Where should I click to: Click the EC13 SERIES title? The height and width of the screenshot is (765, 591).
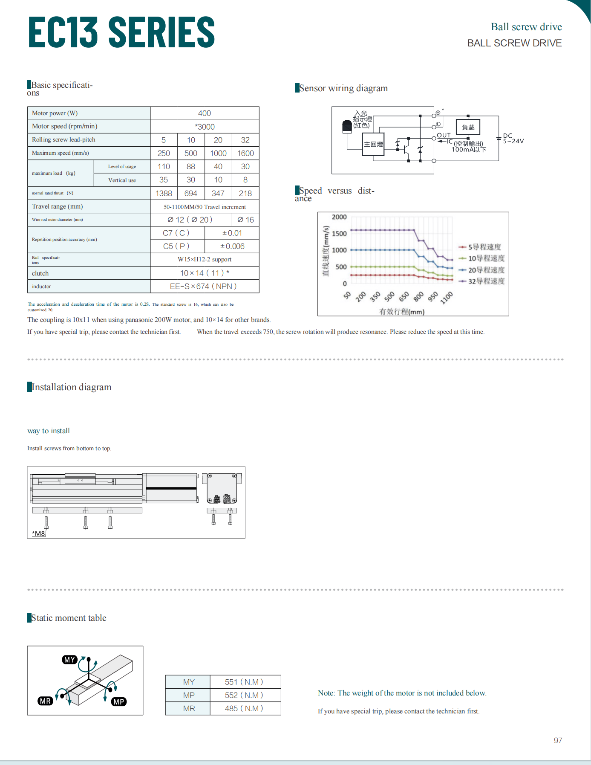(x=121, y=32)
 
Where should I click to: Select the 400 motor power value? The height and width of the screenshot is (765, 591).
(x=205, y=113)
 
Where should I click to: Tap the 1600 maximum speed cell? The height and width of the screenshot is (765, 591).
(x=245, y=154)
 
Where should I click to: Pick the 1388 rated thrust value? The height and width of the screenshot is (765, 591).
(x=164, y=194)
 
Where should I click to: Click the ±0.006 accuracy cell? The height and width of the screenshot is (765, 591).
(x=232, y=246)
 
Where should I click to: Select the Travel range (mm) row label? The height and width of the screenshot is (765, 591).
(x=58, y=206)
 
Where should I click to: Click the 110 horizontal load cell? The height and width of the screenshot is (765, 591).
(x=164, y=167)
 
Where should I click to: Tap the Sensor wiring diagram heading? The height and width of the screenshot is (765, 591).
(x=343, y=88)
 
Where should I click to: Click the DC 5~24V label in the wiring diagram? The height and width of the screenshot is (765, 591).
(x=513, y=139)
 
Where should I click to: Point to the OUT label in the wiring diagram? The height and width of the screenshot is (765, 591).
(x=444, y=135)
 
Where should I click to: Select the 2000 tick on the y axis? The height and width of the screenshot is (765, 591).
(x=339, y=217)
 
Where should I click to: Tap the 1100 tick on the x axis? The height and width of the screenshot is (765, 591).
(x=447, y=297)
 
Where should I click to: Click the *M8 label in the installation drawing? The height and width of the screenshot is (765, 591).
(x=39, y=533)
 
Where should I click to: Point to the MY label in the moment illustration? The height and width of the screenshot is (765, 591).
(x=69, y=660)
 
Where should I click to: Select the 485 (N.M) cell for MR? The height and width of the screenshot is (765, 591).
(x=244, y=709)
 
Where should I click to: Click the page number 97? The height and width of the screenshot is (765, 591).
(x=558, y=741)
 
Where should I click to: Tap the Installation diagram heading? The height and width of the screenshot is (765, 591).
(x=72, y=387)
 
